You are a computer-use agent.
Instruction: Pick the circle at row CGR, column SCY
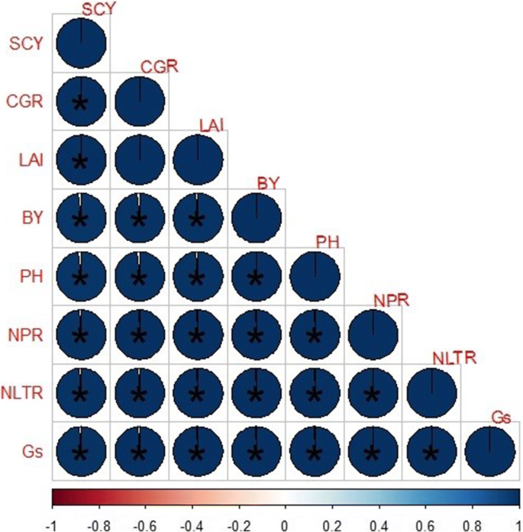pyautogui.click(x=81, y=101)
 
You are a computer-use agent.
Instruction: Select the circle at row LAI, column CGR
pyautogui.click(x=140, y=160)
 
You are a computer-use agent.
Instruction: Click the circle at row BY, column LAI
pyautogui.click(x=198, y=218)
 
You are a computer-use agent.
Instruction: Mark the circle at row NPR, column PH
pyautogui.click(x=315, y=334)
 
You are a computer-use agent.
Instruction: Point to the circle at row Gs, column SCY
pyautogui.click(x=81, y=450)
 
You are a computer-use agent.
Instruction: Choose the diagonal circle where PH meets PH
pyautogui.click(x=315, y=276)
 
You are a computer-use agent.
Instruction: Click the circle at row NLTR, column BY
pyautogui.click(x=257, y=392)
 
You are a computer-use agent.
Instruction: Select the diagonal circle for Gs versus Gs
pyautogui.click(x=489, y=450)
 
